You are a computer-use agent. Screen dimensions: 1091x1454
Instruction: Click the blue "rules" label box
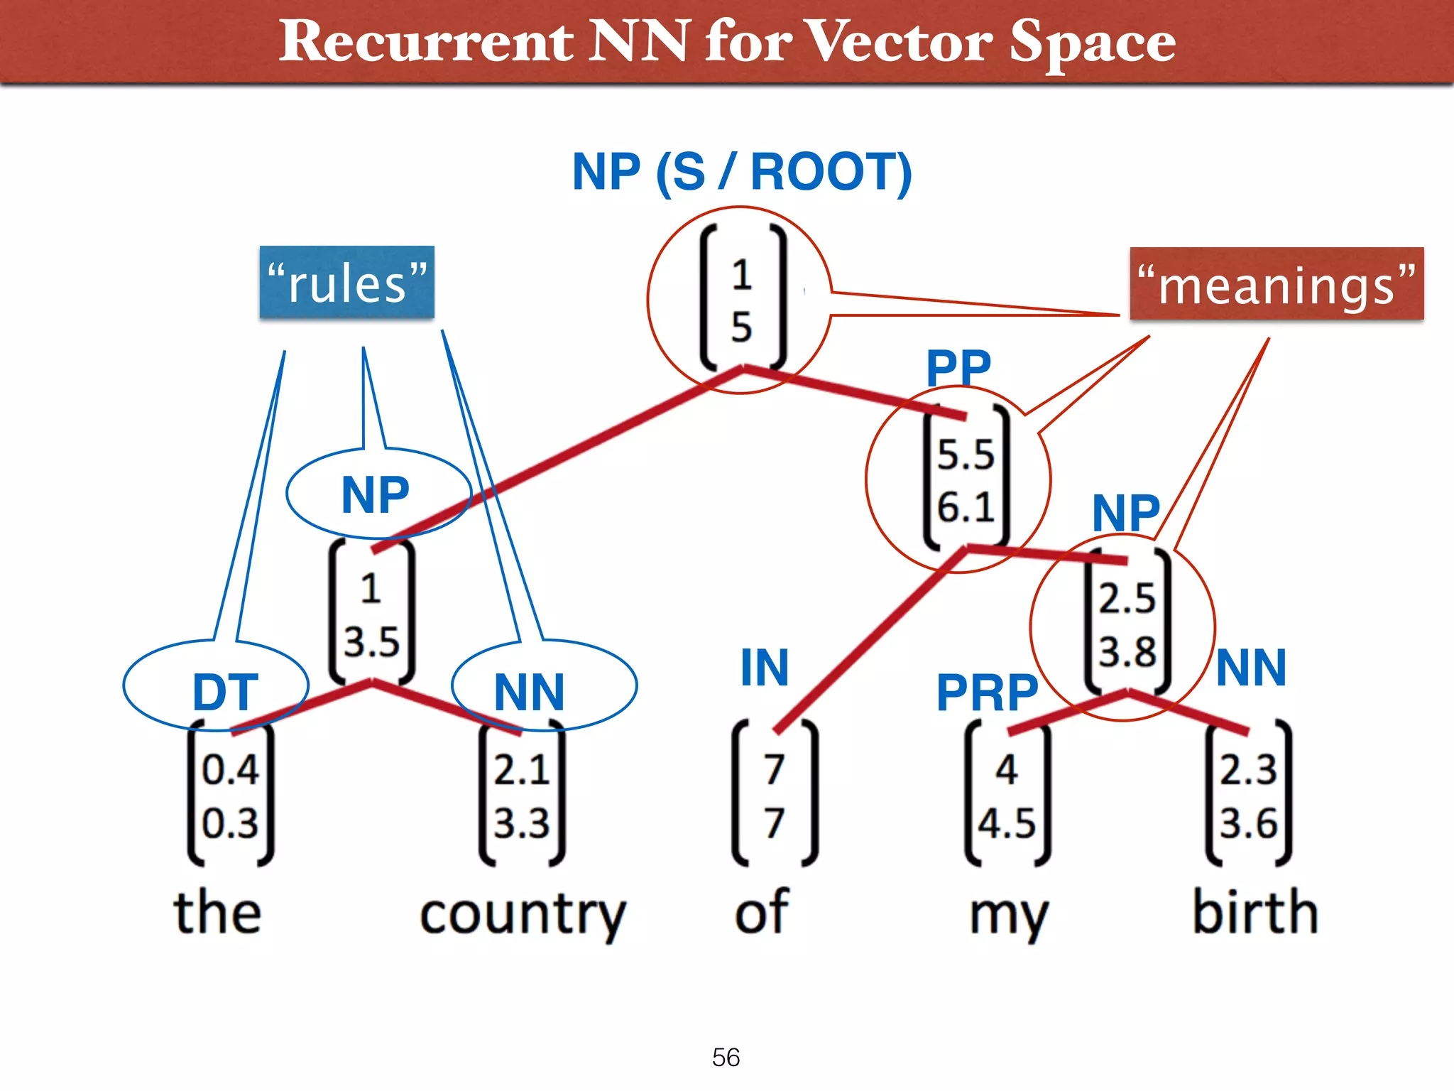coord(346,283)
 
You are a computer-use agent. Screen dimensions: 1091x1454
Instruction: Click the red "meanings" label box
coord(1277,284)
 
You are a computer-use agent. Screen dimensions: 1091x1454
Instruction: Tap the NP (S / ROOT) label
coord(742,173)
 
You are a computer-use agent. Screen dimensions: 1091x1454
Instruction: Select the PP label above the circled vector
coord(958,368)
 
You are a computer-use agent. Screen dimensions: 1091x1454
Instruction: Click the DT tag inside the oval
coord(224,692)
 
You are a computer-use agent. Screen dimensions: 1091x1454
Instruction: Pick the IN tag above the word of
coord(764,668)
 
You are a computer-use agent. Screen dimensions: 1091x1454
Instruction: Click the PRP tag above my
coord(987,693)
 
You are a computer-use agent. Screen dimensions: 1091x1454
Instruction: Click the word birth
coord(1255,912)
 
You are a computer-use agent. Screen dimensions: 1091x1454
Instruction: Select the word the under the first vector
coord(217,912)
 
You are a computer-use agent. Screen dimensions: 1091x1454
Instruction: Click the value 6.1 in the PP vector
coord(966,507)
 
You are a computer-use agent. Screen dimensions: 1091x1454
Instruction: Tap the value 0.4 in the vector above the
coord(230,770)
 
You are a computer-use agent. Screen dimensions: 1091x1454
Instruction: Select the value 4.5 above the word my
coord(1007,824)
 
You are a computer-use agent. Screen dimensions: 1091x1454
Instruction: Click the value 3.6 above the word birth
coord(1248,824)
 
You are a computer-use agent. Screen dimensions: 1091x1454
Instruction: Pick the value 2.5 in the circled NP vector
coord(1127,598)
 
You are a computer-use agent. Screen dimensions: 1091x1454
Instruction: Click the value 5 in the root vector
coord(741,328)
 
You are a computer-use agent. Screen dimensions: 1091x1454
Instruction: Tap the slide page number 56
coord(726,1057)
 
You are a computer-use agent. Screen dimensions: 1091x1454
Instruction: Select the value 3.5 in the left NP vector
coord(371,642)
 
